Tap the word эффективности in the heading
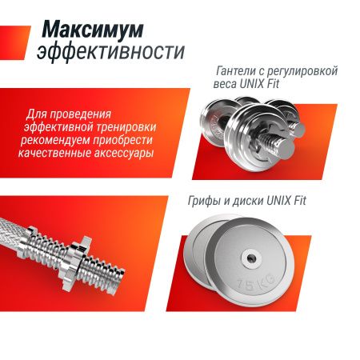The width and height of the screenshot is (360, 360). pos(110,53)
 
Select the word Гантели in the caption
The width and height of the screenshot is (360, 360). pos(240,71)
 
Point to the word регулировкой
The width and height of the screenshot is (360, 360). pos(307,71)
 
